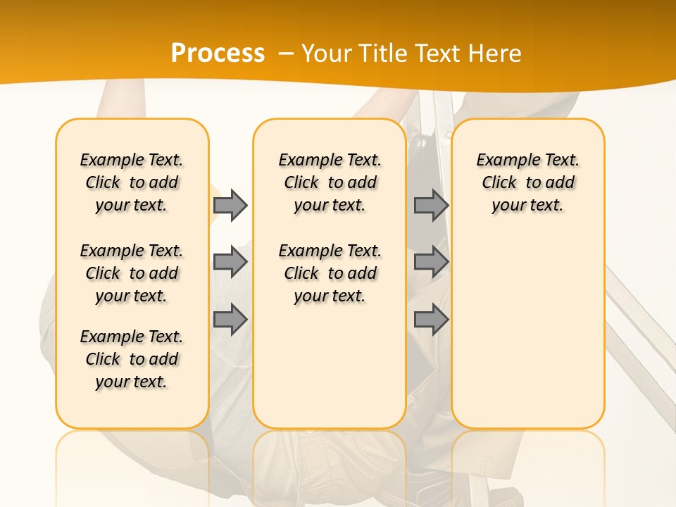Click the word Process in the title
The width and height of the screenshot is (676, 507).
[218, 54]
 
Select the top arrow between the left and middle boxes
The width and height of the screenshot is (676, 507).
[230, 205]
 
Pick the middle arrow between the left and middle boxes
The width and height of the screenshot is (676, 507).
[230, 262]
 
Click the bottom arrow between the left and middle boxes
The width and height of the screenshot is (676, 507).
[230, 319]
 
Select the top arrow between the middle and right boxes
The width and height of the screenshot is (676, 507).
[431, 205]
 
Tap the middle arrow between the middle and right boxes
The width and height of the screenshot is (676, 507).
[431, 262]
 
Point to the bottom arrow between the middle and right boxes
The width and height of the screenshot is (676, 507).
[431, 319]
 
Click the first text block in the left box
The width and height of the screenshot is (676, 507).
[132, 182]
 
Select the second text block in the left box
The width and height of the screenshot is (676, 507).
[132, 273]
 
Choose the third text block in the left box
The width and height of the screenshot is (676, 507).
[132, 359]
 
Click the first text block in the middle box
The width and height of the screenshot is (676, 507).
[330, 182]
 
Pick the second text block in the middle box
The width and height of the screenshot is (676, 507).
[330, 273]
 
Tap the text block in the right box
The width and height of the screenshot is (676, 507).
[527, 182]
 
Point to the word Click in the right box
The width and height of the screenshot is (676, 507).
[499, 183]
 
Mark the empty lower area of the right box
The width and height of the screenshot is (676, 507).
[527, 331]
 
